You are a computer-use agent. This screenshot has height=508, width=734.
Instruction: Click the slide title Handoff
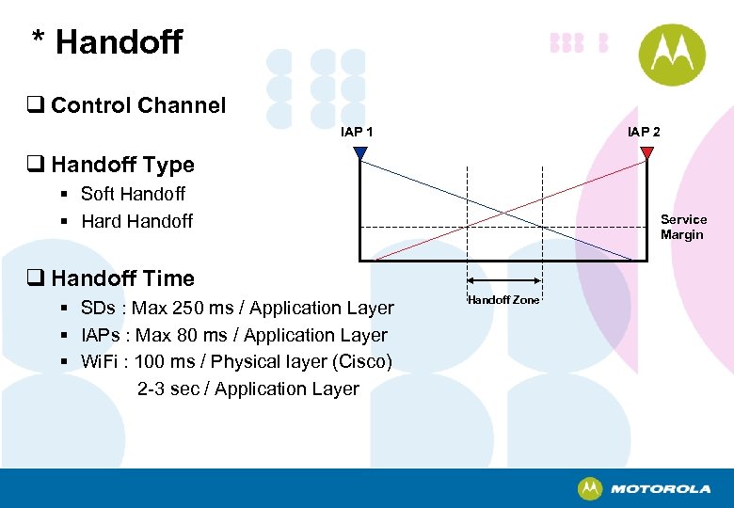pos(119,42)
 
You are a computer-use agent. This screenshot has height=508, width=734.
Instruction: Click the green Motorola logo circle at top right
pos(672,55)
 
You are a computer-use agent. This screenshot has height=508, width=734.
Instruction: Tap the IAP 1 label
pos(357,132)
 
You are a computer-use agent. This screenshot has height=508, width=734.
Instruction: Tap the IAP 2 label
pos(644,132)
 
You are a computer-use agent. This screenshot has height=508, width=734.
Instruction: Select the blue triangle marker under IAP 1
pos(360,152)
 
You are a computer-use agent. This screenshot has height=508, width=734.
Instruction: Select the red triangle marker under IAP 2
pos(646,152)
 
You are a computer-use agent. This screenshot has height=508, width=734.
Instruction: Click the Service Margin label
pos(683,227)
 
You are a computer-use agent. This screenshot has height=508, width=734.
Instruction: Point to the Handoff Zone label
pos(503,300)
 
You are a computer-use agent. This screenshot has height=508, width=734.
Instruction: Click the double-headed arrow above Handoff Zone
pos(503,280)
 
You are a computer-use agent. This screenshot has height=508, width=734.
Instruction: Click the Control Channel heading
pos(138,105)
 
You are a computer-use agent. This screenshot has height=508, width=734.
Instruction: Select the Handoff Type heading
pos(122,165)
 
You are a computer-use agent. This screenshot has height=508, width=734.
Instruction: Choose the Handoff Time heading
pos(122,278)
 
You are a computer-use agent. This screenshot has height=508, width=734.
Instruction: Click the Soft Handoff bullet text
pos(133,194)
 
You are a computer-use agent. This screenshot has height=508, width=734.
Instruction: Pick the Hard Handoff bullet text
pos(136,221)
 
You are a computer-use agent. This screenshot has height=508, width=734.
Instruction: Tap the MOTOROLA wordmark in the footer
pos(661,489)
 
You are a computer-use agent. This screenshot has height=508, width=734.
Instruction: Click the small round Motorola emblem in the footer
pos(590,488)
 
